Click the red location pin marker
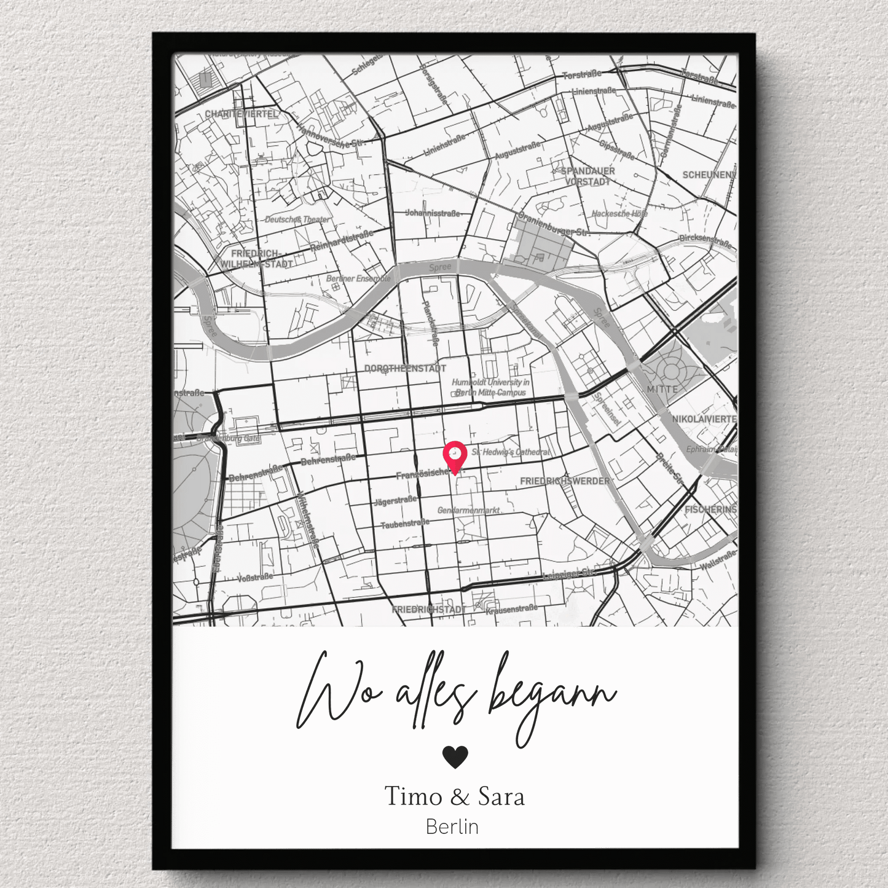[x=455, y=455]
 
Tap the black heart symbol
[x=455, y=756]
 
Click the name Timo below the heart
[x=413, y=796]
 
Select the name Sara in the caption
[x=501, y=796]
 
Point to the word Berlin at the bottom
[x=452, y=827]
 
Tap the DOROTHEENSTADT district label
[x=406, y=369]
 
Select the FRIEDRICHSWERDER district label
[x=565, y=481]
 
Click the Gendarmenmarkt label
[x=468, y=511]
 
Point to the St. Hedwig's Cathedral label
[x=511, y=452]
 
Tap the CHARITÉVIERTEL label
[x=242, y=114]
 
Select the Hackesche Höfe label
[x=619, y=214]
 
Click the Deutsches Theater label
[x=297, y=219]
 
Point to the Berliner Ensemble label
[x=358, y=279]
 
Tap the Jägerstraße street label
[x=395, y=501]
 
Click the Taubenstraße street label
[x=404, y=524]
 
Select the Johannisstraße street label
[x=433, y=213]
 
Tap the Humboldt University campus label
[x=490, y=387]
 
